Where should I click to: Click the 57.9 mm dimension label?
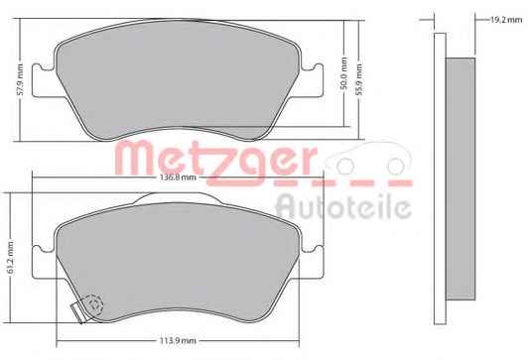coord(20,79)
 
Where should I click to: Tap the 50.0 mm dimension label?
coord(343,73)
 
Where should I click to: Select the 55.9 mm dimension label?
coord(359,79)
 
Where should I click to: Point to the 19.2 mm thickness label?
coord(506,20)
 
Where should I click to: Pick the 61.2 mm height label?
coord(10,257)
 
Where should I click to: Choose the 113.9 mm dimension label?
coord(178,341)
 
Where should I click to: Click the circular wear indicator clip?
coord(94,303)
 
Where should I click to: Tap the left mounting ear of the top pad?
coord(44,80)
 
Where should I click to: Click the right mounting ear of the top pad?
coord(312,80)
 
